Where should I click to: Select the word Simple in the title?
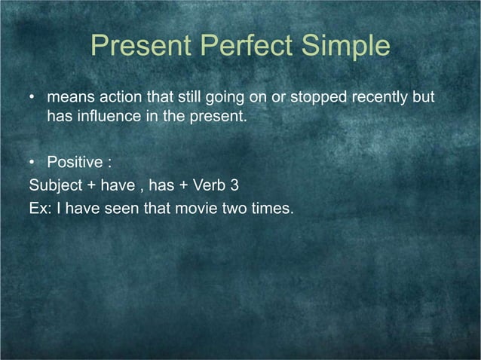click(x=346, y=47)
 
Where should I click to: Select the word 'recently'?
click(x=371, y=99)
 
